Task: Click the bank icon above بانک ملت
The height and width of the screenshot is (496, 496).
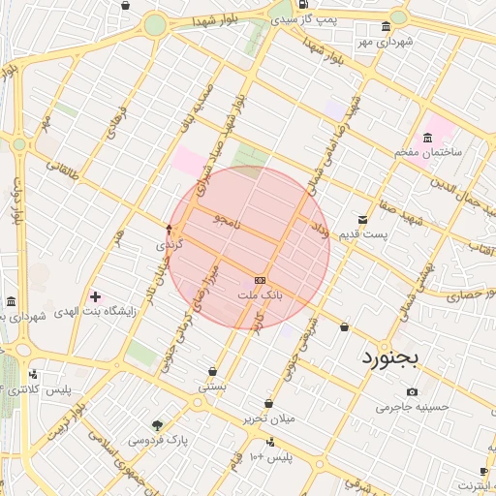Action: point(259,278)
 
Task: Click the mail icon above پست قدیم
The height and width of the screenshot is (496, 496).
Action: point(362,220)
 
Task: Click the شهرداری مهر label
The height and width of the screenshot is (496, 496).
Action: point(384,43)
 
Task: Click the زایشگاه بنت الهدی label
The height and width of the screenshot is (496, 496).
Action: point(74,312)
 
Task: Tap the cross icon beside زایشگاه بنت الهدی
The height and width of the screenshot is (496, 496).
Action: point(95,295)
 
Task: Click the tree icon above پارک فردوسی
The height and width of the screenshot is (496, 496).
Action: point(158,424)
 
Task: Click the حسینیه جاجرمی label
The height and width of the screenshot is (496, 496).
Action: point(414,407)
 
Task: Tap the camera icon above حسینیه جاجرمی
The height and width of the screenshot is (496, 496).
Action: point(413,391)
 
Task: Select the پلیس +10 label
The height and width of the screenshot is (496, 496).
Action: point(270,455)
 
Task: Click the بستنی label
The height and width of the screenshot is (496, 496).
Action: point(212,386)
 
